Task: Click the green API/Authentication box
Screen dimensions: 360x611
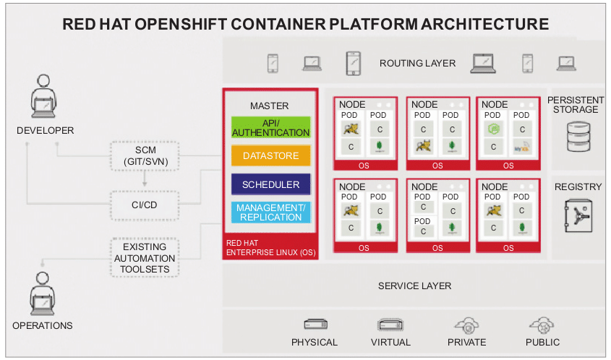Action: click(270, 127)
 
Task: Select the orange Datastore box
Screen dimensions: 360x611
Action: click(270, 155)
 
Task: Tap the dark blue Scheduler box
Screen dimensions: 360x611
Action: click(270, 184)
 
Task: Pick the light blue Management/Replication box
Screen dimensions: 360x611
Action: click(270, 213)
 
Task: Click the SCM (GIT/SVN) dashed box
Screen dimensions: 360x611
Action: click(145, 155)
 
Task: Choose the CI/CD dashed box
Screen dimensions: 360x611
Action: click(145, 205)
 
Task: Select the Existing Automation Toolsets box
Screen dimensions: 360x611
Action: click(145, 258)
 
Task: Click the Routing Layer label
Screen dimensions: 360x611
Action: click(417, 64)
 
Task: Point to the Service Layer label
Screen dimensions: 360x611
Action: click(414, 286)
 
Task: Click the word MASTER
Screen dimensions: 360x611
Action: click(269, 106)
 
